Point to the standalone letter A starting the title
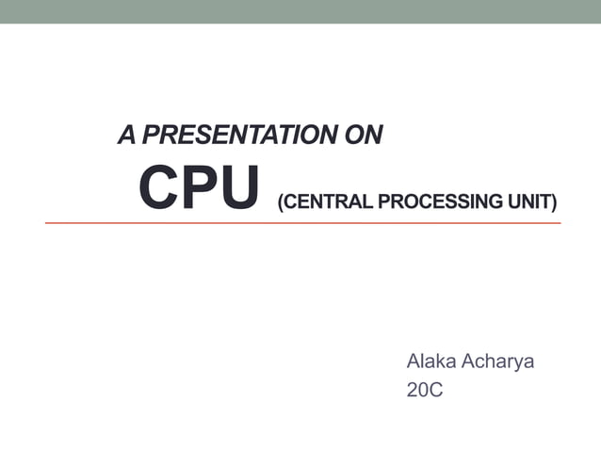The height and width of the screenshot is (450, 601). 125,136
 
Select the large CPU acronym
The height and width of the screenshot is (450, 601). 198,189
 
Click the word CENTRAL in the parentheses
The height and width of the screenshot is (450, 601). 325,201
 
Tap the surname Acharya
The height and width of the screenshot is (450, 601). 497,362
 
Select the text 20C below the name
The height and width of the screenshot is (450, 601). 424,390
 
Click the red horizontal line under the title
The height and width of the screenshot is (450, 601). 301,223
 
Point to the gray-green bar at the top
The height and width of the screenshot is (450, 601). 300,11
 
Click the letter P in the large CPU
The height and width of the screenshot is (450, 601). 199,189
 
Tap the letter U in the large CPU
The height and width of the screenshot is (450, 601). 236,189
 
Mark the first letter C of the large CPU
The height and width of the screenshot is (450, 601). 158,189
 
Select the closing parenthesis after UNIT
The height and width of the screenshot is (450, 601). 554,201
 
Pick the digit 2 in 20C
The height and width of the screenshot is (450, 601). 413,390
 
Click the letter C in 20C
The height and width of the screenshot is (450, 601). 435,390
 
